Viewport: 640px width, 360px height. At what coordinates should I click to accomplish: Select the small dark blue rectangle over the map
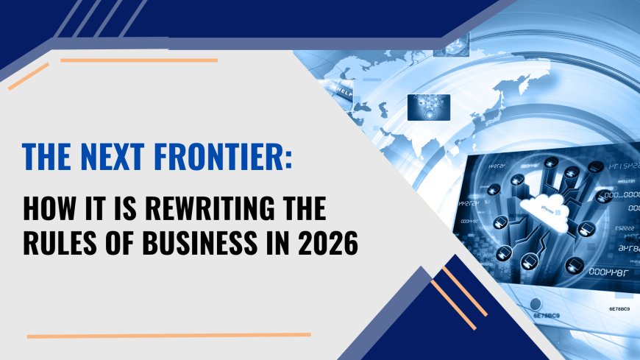(429, 107)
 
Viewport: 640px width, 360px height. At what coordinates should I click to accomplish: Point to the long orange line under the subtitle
(168, 335)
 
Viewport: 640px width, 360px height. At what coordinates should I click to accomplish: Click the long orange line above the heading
(139, 60)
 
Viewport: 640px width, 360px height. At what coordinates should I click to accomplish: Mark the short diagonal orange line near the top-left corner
(29, 77)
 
